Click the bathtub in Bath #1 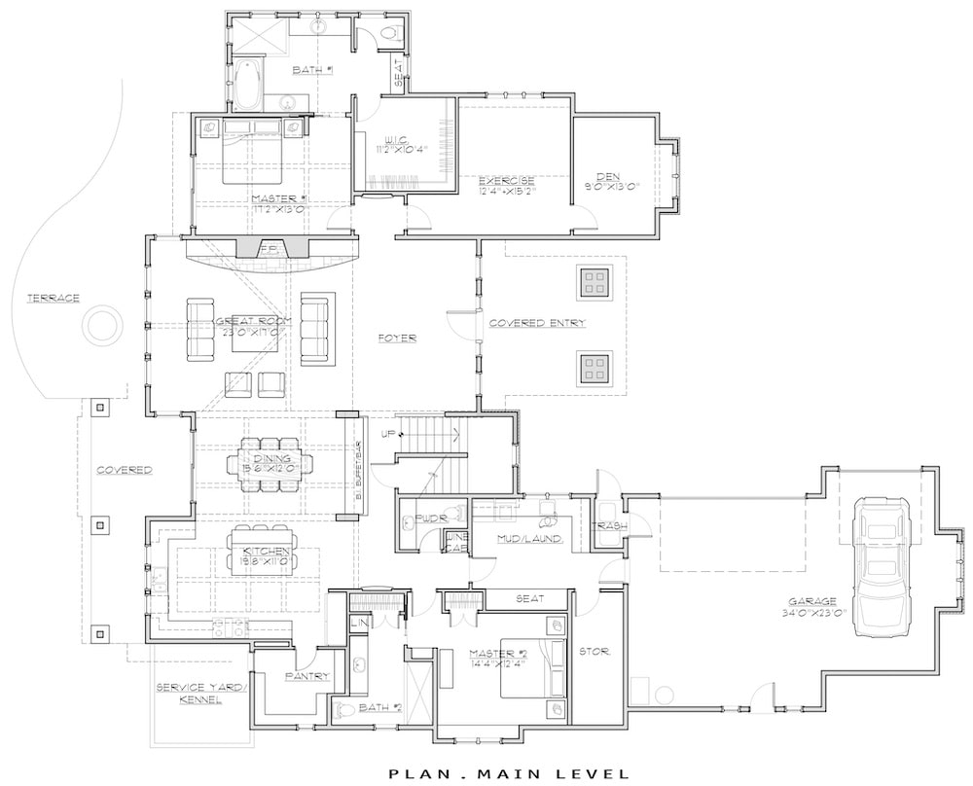(246, 87)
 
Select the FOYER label (398, 338)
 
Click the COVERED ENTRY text (537, 323)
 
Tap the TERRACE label (53, 298)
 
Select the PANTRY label (307, 675)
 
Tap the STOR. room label (594, 652)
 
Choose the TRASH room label (610, 526)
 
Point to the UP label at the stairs (387, 434)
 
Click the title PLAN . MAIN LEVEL (509, 773)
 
